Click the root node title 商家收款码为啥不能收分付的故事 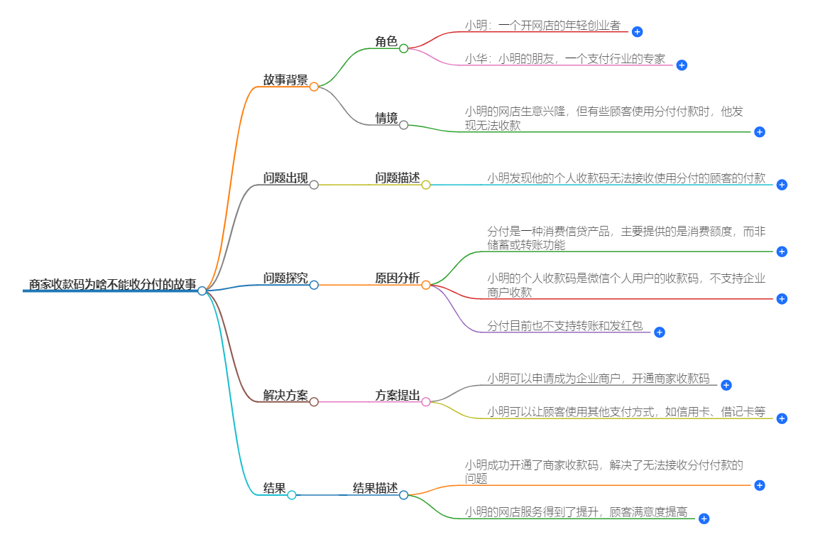pos(112,284)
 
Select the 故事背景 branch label pos(285,80)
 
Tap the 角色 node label pos(386,42)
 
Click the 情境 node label pos(386,118)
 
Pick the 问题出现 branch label pos(285,178)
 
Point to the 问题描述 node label pos(398,178)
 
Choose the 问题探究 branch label pos(285,278)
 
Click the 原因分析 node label pos(398,278)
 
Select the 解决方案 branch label pos(285,396)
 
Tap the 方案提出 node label pos(398,396)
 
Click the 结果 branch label pos(274,489)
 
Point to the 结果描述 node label pos(375,488)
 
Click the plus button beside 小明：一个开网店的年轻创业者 pos(637,32)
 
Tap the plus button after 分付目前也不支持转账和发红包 pos(659,332)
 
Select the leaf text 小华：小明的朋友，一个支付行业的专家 pos(565,59)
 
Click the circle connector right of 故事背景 pos(314,87)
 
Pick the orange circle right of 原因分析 pos(426,285)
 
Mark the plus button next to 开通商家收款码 pos(726,385)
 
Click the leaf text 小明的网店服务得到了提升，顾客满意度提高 pos(576,511)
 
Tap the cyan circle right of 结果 pos(292,495)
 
